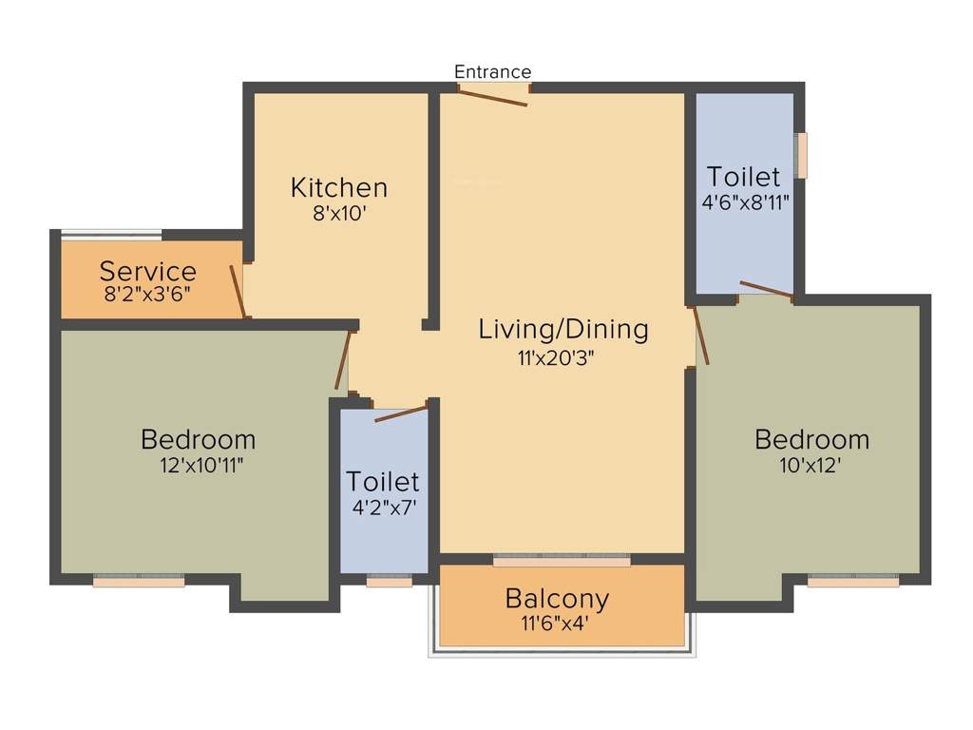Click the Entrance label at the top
point(492,71)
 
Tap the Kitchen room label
point(339,186)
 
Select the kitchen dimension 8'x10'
point(339,214)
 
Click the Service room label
point(148,271)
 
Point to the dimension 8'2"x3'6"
point(148,294)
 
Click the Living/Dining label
point(563,329)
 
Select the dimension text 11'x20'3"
point(563,357)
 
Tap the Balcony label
point(557,599)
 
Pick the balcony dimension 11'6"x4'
point(557,624)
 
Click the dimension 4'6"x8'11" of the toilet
point(744,202)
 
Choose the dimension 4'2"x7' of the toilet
point(384,508)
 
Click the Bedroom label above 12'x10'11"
point(198,439)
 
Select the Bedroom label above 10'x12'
point(811,439)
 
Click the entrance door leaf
point(493,96)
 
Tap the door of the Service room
point(239,291)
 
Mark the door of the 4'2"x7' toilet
point(400,413)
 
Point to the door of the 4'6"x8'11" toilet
point(766,290)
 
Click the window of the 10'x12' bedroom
point(852,581)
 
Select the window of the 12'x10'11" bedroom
point(139,581)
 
